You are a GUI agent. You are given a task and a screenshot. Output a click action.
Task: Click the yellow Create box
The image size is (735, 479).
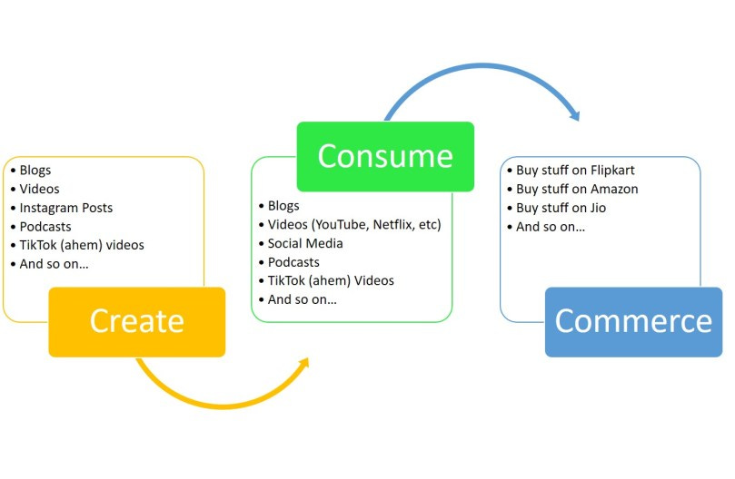click(x=136, y=321)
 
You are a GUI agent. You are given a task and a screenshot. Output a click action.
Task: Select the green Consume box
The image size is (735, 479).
click(x=385, y=156)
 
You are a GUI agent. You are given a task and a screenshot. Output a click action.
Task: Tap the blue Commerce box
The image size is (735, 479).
click(x=633, y=321)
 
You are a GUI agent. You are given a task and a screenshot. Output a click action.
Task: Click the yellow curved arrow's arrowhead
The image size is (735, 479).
click(x=303, y=363)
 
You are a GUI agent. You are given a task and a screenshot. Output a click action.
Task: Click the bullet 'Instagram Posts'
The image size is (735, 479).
click(x=66, y=208)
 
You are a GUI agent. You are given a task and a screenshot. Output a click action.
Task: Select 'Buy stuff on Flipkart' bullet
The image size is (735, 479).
click(x=575, y=171)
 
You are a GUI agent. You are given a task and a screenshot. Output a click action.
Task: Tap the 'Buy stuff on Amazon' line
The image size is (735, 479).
click(x=577, y=190)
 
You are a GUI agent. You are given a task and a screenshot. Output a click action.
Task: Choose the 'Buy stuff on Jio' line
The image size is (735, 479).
click(x=561, y=208)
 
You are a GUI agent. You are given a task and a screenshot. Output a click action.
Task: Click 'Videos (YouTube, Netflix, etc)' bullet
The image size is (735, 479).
click(x=354, y=224)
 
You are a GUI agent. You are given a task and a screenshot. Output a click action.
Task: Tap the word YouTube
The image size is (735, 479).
click(x=335, y=224)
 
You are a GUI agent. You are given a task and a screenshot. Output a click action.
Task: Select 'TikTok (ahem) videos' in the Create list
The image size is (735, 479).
click(x=82, y=245)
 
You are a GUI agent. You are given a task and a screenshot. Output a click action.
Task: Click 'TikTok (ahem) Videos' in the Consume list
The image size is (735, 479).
click(x=331, y=280)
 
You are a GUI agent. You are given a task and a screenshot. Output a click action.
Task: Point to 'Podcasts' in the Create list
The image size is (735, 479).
click(x=45, y=227)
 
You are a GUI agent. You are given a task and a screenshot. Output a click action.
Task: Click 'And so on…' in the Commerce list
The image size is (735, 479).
click(x=551, y=227)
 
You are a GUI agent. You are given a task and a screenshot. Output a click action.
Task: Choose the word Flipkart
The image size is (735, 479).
click(x=612, y=171)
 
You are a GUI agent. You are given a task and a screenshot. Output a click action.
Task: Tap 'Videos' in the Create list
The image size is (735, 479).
click(x=40, y=189)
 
